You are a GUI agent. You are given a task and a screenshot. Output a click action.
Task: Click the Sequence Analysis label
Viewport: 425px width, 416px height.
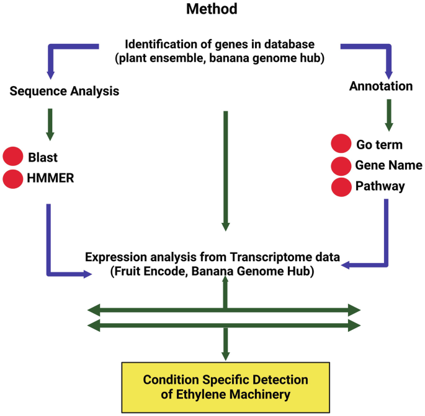65,91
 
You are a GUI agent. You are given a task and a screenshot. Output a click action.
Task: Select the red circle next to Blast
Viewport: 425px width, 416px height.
13,157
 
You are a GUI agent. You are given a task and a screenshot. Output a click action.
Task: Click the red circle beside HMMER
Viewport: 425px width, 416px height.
13,179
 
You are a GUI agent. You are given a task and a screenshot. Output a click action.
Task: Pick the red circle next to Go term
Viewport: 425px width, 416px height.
341,145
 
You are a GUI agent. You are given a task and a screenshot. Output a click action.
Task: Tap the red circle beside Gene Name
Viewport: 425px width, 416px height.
341,166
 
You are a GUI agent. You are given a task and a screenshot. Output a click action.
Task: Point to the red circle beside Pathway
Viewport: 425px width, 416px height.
341,186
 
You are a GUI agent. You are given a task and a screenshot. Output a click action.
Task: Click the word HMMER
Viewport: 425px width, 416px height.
52,179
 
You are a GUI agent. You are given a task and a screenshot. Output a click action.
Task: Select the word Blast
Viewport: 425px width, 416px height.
42,157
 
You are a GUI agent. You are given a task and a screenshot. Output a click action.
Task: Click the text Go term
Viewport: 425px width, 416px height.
379,145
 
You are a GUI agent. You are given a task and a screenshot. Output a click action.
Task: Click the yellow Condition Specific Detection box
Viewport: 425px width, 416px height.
226,386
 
